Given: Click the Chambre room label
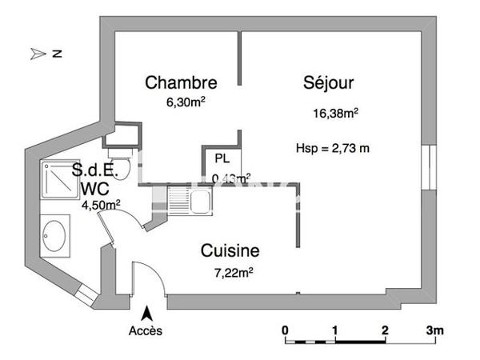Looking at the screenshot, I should click(x=181, y=82).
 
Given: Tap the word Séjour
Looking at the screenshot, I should click(x=328, y=82).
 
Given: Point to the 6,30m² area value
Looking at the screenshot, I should click(x=182, y=102).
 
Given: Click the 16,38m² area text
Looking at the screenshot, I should click(x=335, y=113).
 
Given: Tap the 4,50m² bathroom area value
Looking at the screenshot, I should click(x=101, y=205).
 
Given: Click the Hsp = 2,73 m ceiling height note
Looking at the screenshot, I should click(x=332, y=148).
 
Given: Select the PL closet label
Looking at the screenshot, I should click(x=221, y=158).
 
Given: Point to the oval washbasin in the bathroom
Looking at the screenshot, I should click(x=55, y=236).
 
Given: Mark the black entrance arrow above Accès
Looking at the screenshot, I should click(x=146, y=313).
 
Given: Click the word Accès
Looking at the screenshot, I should click(x=146, y=330).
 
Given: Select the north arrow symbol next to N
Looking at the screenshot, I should click(x=38, y=54).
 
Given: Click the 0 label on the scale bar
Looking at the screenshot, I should click(x=286, y=330).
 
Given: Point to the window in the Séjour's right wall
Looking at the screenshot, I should click(x=429, y=167).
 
